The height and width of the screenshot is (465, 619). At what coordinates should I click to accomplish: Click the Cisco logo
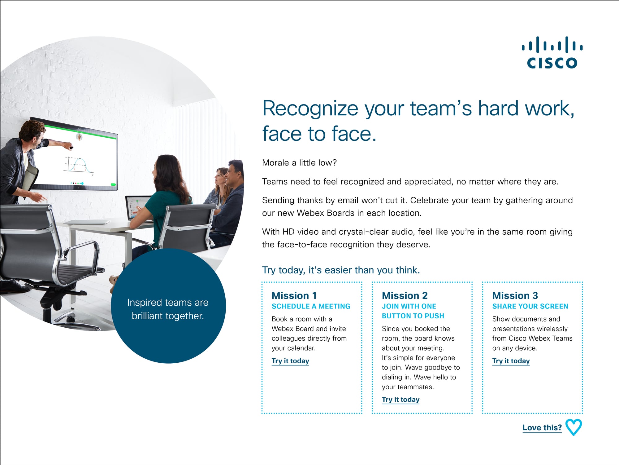pyautogui.click(x=552, y=52)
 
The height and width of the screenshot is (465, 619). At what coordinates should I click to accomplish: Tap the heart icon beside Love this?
pyautogui.click(x=574, y=427)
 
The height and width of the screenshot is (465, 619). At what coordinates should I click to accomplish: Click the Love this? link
pyautogui.click(x=542, y=428)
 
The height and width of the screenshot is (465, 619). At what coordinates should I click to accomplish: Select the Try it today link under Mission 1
pyautogui.click(x=290, y=361)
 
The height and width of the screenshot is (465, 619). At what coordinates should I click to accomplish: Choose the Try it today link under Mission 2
pyautogui.click(x=400, y=400)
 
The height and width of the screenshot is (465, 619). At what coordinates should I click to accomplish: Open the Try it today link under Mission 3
pyautogui.click(x=511, y=361)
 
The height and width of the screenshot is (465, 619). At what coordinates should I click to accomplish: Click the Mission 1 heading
pyautogui.click(x=294, y=295)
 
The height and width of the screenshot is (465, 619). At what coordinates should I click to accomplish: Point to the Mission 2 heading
pyautogui.click(x=405, y=295)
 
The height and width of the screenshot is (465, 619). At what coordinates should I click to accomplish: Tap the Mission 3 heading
pyautogui.click(x=515, y=295)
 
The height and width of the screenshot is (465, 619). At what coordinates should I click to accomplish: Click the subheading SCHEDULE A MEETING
pyautogui.click(x=311, y=306)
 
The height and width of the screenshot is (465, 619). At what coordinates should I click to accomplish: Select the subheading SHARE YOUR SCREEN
pyautogui.click(x=530, y=306)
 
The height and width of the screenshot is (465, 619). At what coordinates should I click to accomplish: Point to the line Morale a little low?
pyautogui.click(x=299, y=163)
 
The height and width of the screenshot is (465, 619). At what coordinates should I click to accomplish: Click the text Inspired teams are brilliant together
pyautogui.click(x=168, y=309)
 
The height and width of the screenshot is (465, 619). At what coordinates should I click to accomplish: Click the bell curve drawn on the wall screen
pyautogui.click(x=80, y=166)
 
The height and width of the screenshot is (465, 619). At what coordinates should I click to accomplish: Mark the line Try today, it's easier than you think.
pyautogui.click(x=341, y=270)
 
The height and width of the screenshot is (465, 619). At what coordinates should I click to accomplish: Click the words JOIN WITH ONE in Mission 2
pyautogui.click(x=409, y=306)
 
